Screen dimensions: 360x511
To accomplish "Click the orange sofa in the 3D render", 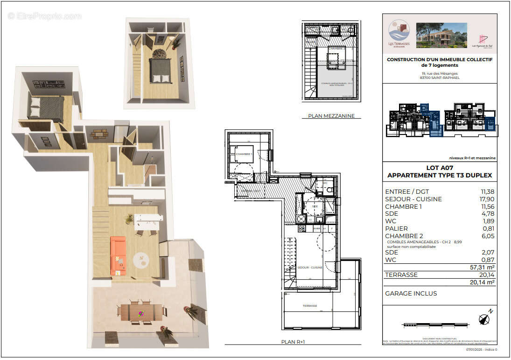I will (x=118, y=255).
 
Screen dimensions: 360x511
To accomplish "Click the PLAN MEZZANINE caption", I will (x=331, y=116).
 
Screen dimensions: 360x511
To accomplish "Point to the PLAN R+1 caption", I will (x=293, y=342).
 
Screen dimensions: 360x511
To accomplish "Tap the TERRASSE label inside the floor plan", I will (x=309, y=306).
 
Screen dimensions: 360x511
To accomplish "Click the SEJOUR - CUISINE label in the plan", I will (x=309, y=268).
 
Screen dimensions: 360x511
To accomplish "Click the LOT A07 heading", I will (x=439, y=168).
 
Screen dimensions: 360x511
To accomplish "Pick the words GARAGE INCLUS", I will (x=411, y=293).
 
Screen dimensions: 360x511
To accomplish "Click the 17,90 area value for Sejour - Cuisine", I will (x=487, y=199).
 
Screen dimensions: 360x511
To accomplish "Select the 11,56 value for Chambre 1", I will (x=487, y=206).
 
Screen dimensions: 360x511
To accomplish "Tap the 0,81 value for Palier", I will (x=488, y=228).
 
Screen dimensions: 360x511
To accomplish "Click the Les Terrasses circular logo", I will (x=399, y=33).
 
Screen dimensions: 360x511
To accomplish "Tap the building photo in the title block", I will (x=441, y=35).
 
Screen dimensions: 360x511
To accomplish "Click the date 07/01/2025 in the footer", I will (x=475, y=349).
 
